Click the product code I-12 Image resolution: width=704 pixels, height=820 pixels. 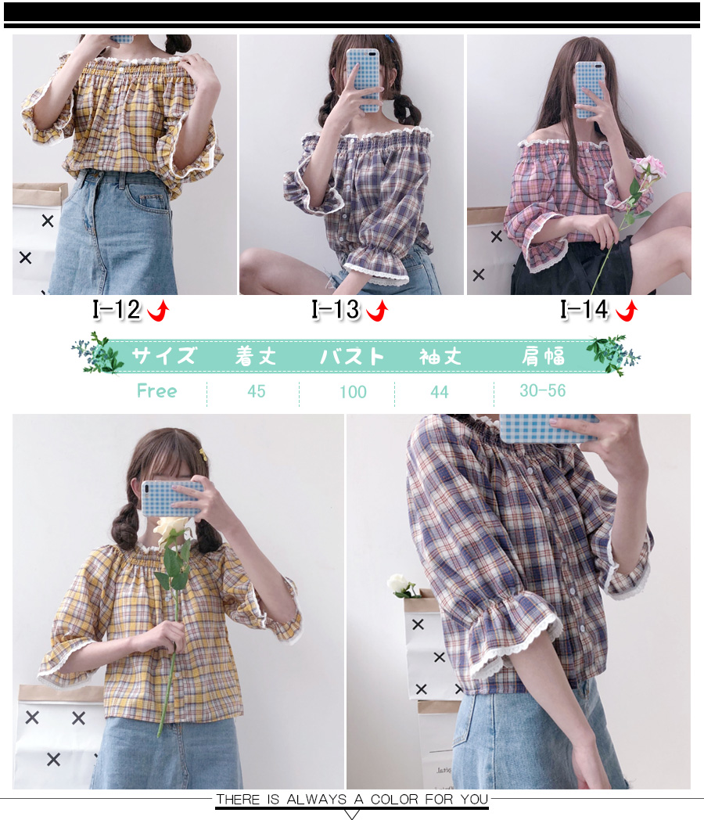point(117,310)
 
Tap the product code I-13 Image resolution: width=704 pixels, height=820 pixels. point(336,310)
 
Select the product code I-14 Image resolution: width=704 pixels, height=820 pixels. point(584,310)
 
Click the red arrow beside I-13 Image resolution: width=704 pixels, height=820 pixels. point(377,310)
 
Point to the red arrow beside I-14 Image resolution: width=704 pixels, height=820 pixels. point(627,310)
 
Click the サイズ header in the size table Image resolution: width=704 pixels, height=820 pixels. point(163,355)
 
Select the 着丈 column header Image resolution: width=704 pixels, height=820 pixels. point(255,356)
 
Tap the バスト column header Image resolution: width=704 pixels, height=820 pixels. point(352,356)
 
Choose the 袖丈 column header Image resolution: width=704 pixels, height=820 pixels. point(440,357)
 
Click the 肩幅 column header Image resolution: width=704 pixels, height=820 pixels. point(543,356)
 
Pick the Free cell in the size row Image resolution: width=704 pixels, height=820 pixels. point(156,390)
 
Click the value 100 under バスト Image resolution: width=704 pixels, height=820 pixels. point(353,392)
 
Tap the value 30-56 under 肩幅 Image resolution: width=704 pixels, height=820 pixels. point(543,390)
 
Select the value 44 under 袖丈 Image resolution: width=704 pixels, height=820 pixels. point(439,392)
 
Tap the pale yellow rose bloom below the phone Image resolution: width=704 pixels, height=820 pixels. point(169,529)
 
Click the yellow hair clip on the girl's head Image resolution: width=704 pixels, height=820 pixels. point(203,454)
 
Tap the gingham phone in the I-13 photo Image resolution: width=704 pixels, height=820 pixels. point(363,80)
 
